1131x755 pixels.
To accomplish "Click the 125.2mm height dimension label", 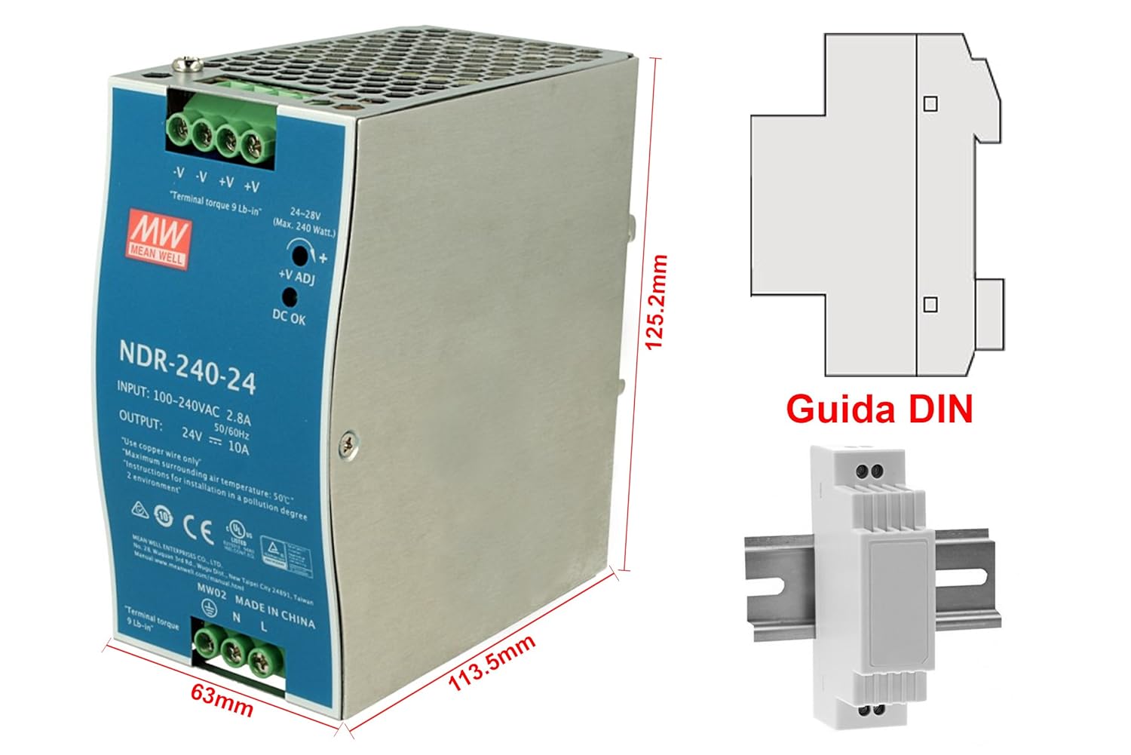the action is click(656, 302).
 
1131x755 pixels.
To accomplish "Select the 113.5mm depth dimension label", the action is click(492, 663).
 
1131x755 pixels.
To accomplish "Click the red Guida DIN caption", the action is click(879, 409).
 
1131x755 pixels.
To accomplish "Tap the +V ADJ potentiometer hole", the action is click(300, 255).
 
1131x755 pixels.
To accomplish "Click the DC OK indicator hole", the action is click(288, 296).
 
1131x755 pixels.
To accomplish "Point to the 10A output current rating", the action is click(238, 448).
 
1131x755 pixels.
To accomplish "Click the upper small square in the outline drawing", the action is click(931, 103).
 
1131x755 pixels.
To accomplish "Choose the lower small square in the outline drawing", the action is click(930, 304).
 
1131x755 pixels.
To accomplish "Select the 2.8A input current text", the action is click(238, 417).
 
